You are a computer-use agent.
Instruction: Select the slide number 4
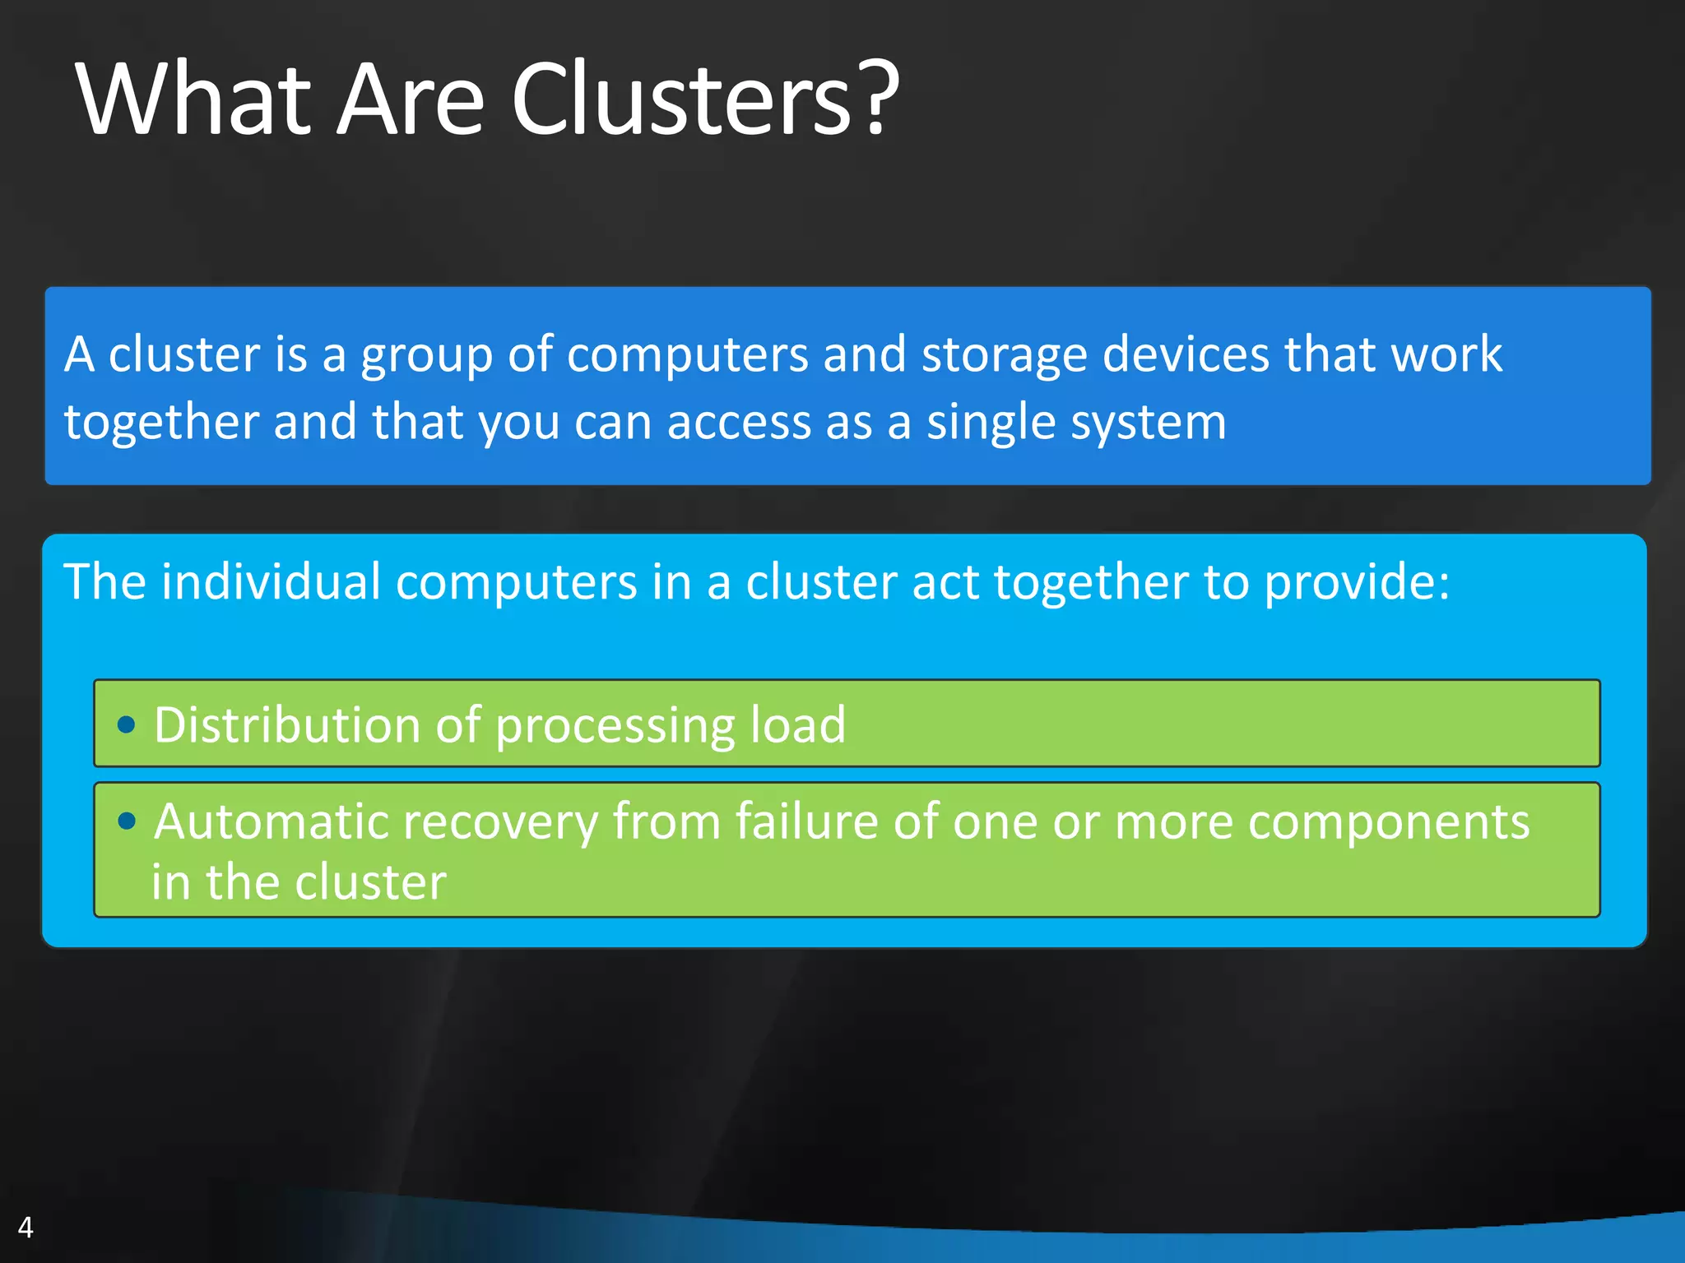[26, 1227]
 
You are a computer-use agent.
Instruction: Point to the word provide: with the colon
[1357, 582]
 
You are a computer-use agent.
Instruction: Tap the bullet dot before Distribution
[126, 724]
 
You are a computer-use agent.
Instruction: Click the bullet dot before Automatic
[126, 820]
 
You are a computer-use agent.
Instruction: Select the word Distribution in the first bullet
[287, 724]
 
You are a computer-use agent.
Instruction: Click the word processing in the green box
[615, 726]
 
